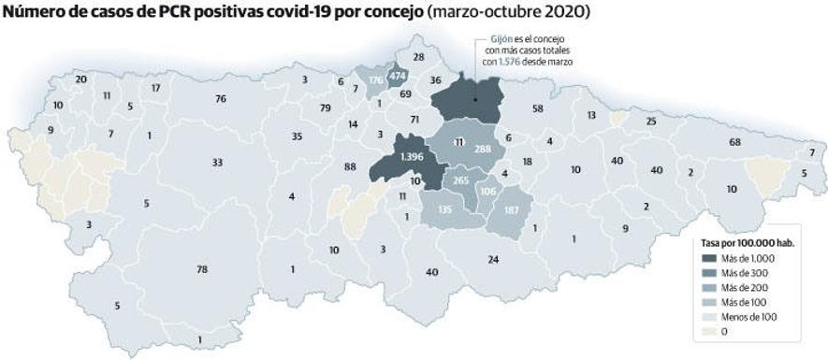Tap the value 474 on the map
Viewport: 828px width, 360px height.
point(397,76)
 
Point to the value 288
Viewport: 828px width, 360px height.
point(483,149)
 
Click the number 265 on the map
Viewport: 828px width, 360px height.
point(460,180)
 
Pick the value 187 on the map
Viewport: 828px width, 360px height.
point(511,209)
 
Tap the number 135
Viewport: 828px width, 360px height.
point(445,210)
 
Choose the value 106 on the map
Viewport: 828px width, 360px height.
point(487,192)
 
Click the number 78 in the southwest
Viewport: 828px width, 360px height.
point(201,270)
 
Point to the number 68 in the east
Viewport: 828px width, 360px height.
point(735,142)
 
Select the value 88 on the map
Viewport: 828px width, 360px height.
point(350,166)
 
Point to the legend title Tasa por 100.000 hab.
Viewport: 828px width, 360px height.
point(743,242)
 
